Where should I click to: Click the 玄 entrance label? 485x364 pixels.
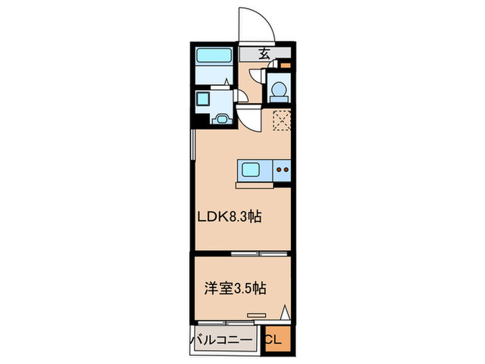pyautogui.click(x=265, y=53)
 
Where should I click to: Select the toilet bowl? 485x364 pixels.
pyautogui.click(x=279, y=90)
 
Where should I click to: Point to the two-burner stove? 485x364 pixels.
pyautogui.click(x=282, y=168)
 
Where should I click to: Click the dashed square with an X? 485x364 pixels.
pyautogui.click(x=281, y=121)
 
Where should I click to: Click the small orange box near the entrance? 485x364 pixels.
pyautogui.click(x=285, y=67)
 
